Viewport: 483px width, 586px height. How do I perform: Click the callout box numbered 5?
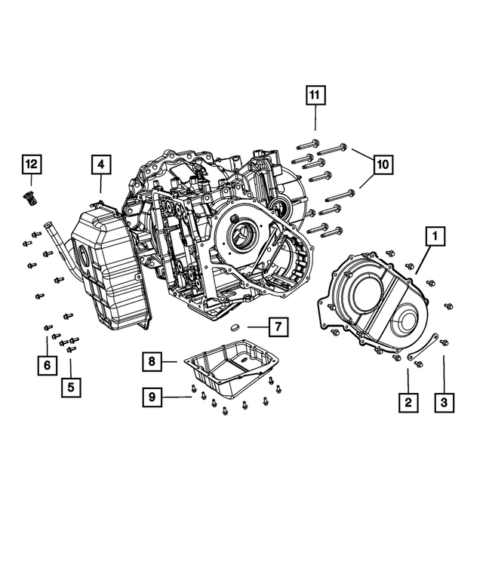point(71,388)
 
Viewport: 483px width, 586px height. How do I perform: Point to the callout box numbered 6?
point(47,365)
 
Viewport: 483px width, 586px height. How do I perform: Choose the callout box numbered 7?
point(277,327)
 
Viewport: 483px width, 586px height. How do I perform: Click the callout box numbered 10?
point(382,163)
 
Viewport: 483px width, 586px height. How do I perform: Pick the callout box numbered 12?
point(32,164)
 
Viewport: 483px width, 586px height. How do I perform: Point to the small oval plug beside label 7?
point(235,328)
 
